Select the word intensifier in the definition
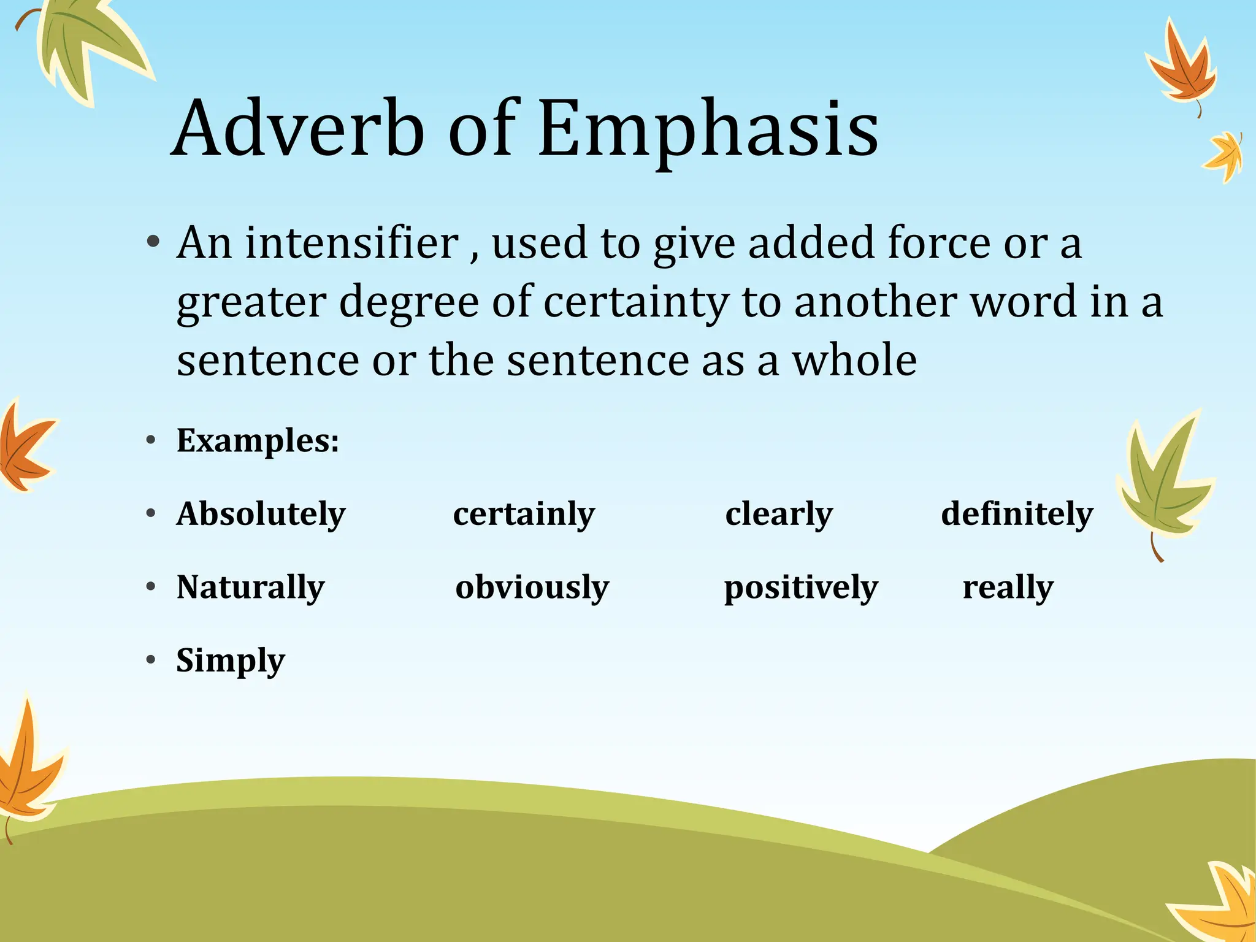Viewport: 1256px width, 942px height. point(352,243)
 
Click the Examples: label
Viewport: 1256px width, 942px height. point(258,440)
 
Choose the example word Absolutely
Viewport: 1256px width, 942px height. point(261,514)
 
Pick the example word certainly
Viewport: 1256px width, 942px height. point(524,514)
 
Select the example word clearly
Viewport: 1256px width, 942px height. point(779,514)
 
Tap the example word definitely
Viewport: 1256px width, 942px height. point(1017,514)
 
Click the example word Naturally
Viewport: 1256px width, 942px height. point(250,588)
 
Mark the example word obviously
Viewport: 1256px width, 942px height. point(532,588)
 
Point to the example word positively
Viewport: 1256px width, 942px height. point(801,588)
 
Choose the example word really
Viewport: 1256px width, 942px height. point(1008,588)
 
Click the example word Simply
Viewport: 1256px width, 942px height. point(231,661)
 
